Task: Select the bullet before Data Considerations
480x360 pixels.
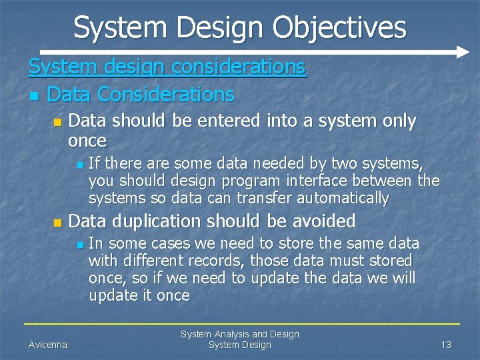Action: coord(33,96)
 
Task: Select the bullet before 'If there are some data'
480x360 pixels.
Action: coord(79,164)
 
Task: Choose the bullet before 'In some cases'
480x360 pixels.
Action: coord(79,245)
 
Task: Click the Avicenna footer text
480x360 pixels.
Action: coord(47,345)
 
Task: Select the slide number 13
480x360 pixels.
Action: coord(446,345)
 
